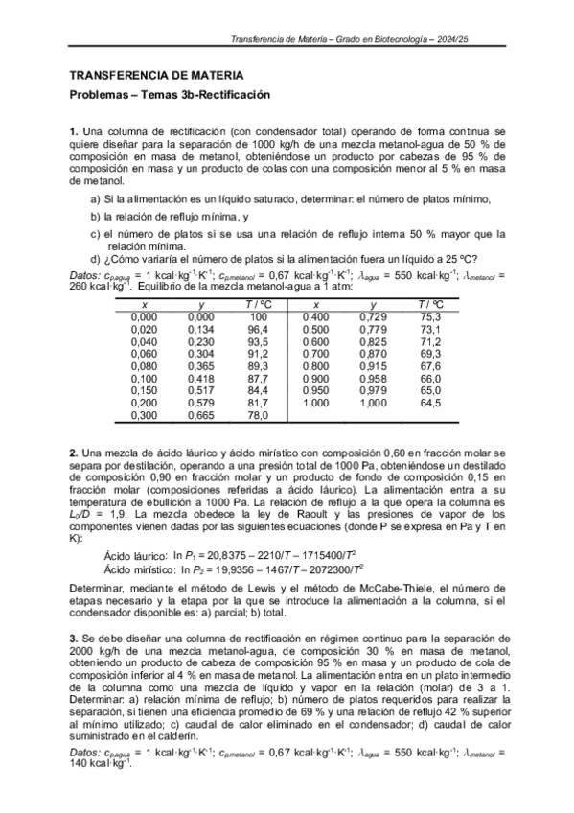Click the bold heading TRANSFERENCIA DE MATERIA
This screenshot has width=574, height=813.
[156, 75]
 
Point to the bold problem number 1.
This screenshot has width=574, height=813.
[74, 130]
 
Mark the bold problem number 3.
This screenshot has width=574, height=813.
[74, 639]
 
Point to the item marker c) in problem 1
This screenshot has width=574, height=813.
[95, 233]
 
